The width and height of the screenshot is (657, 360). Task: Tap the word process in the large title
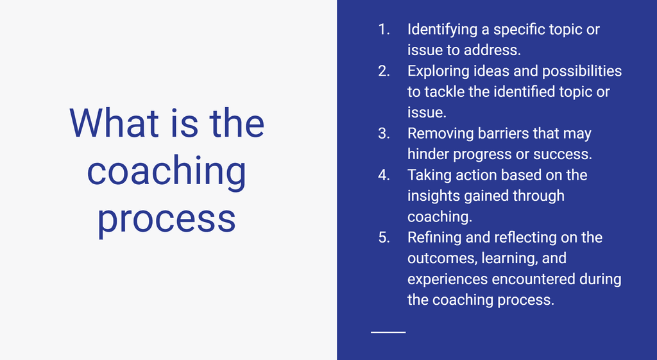pyautogui.click(x=167, y=218)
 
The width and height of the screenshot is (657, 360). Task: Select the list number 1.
pyautogui.click(x=384, y=30)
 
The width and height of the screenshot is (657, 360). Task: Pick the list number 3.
pyautogui.click(x=384, y=133)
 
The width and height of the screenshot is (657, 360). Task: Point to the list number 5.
pyautogui.click(x=384, y=237)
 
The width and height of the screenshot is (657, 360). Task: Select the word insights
pyautogui.click(x=431, y=196)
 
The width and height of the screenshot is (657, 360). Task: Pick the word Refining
pyautogui.click(x=434, y=238)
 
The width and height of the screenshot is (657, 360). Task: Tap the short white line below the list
pyautogui.click(x=388, y=332)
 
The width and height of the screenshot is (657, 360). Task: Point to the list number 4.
pyautogui.click(x=384, y=175)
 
